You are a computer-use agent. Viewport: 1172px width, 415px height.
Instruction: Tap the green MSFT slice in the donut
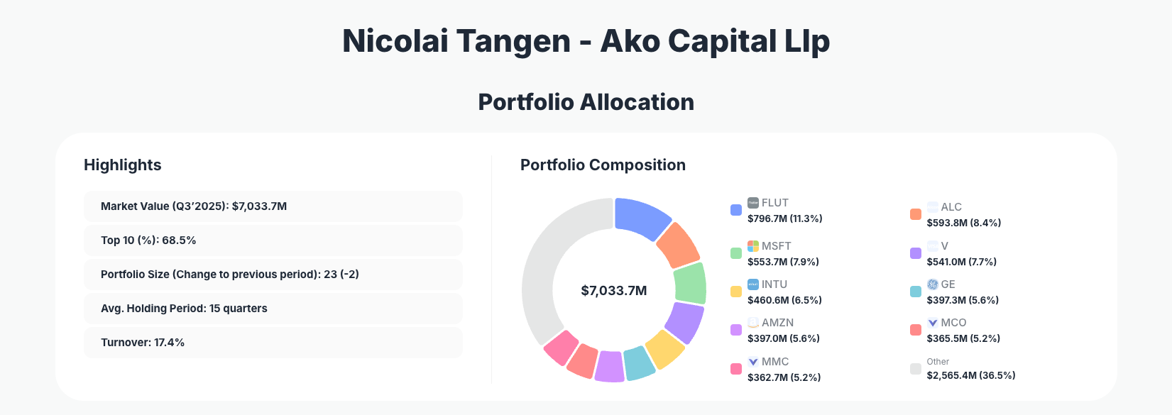(689, 283)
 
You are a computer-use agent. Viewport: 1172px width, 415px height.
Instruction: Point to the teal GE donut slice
(638, 363)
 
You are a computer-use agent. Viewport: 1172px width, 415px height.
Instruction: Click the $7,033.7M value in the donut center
(613, 291)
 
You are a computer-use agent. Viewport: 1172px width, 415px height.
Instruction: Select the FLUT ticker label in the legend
(774, 203)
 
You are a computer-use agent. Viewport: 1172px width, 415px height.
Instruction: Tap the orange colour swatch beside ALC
(916, 214)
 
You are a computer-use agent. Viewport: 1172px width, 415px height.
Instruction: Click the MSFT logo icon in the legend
(753, 246)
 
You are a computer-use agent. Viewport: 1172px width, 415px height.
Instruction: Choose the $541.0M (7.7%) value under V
(961, 262)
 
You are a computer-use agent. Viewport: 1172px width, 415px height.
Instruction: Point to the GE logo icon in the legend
(933, 284)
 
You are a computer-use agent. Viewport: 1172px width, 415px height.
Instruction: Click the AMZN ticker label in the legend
(777, 323)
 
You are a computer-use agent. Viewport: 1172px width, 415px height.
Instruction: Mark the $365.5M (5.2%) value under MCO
(963, 338)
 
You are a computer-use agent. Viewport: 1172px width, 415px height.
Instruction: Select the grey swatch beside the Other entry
(916, 369)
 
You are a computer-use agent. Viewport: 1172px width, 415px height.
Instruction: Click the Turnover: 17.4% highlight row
(273, 343)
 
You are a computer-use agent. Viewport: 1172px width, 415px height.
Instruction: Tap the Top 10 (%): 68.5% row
(273, 240)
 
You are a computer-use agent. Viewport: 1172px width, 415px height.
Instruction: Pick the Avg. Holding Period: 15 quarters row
(273, 309)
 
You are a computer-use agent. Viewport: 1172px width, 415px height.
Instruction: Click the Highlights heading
(122, 165)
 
